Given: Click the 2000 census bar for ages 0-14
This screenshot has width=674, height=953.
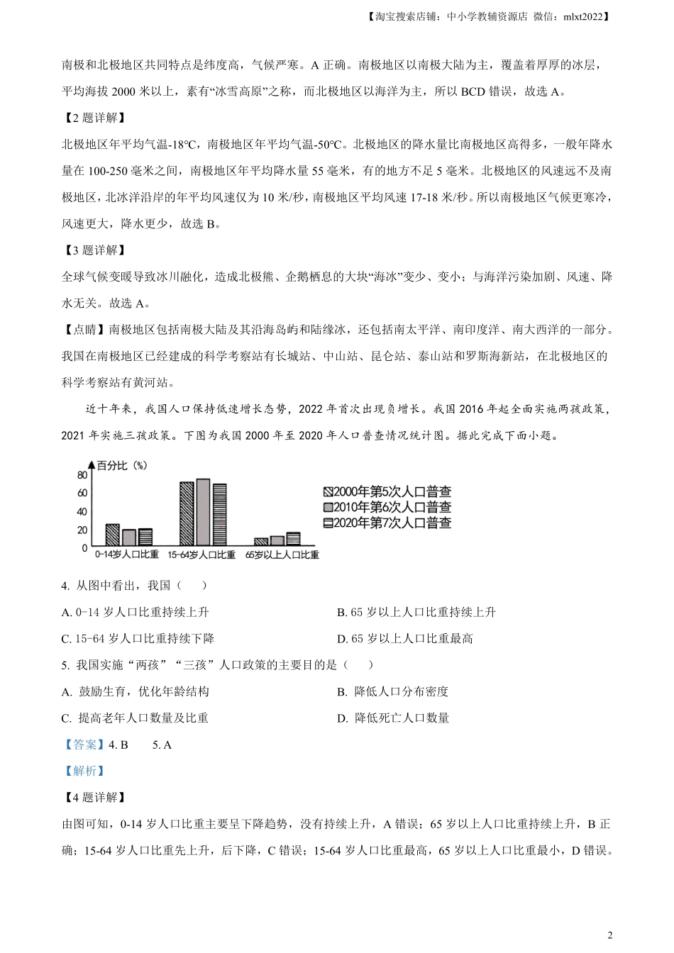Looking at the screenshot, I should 112,535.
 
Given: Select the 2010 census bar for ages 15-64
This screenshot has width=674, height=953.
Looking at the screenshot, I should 204,512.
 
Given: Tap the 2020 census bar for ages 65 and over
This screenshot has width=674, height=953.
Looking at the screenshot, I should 293,539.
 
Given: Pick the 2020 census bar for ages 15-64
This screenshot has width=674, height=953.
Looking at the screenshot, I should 220,514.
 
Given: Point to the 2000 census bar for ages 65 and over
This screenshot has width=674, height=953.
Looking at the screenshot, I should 260,542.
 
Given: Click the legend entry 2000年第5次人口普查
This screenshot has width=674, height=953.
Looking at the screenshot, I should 387,491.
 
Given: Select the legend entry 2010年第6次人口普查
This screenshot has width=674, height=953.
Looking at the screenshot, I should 387,507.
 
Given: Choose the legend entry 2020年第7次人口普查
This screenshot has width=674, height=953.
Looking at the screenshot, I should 387,523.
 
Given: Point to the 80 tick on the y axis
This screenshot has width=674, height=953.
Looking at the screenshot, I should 82,475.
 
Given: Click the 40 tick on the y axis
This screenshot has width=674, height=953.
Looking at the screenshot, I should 82,512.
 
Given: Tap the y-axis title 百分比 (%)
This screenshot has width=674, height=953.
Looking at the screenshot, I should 122,466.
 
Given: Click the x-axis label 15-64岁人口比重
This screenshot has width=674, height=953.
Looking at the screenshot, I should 201,554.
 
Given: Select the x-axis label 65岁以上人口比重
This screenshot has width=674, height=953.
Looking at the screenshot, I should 282,554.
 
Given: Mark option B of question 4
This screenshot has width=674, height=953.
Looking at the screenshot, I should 416,612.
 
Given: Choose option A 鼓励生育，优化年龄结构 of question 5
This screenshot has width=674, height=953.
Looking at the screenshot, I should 136,691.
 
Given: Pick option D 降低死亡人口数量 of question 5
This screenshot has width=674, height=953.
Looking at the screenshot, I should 393,718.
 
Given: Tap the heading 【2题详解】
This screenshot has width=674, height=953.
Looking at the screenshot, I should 94,118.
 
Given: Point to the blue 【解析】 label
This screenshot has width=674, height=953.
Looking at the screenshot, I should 84,771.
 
